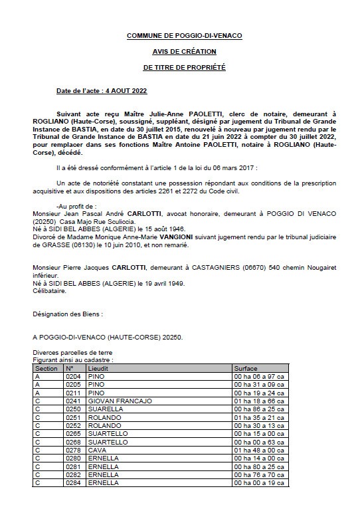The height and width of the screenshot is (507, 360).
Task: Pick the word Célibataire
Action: pyautogui.click(x=50, y=290)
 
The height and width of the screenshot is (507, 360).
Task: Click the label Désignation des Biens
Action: pyautogui.click(x=68, y=312)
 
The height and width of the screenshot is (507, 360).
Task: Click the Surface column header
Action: pyautogui.click(x=245, y=367)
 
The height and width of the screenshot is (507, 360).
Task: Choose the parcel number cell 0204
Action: pyautogui.click(x=72, y=376)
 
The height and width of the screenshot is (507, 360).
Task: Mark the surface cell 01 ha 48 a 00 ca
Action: pyautogui.click(x=259, y=450)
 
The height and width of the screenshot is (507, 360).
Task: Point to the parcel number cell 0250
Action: pyautogui.click(x=72, y=409)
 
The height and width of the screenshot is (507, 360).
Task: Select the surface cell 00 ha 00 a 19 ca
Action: pyautogui.click(x=259, y=482)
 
